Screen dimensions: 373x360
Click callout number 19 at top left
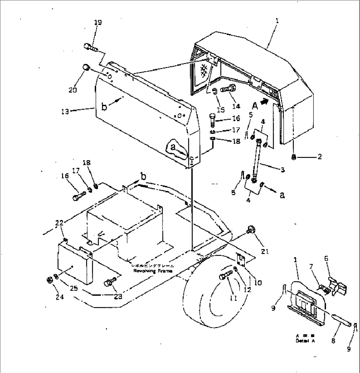pyautogui.click(x=97, y=23)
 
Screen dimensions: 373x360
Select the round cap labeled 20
pyautogui.click(x=86, y=67)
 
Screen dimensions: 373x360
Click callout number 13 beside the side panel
pyautogui.click(x=65, y=112)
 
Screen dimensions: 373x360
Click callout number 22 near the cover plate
pyautogui.click(x=59, y=224)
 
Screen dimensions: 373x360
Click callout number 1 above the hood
pyautogui.click(x=277, y=20)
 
